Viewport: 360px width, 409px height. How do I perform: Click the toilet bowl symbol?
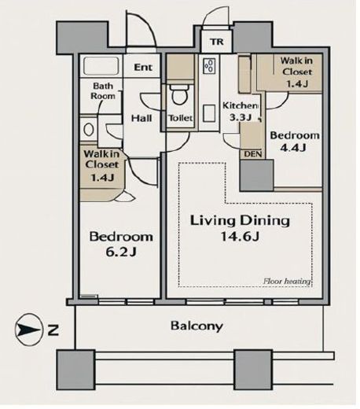pyautogui.click(x=180, y=94)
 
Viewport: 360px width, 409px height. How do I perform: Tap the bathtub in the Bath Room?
pyautogui.click(x=101, y=65)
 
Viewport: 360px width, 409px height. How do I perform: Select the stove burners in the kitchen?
pyautogui.click(x=209, y=66)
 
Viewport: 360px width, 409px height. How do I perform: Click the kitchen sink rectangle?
pyautogui.click(x=209, y=113)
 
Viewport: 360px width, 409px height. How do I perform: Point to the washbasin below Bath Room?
pyautogui.click(x=89, y=130)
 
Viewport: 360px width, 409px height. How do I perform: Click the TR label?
pyautogui.click(x=217, y=42)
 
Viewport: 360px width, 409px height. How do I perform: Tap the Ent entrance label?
pyautogui.click(x=143, y=68)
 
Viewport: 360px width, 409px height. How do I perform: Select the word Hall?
pyautogui.click(x=141, y=118)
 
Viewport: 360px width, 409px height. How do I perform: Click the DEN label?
pyautogui.click(x=252, y=154)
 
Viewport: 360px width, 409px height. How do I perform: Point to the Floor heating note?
pyautogui.click(x=287, y=282)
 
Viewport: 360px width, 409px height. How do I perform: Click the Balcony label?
pyautogui.click(x=197, y=326)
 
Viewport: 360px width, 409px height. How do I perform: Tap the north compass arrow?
pyautogui.click(x=29, y=330)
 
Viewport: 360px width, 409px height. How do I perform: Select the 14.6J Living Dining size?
pyautogui.click(x=240, y=237)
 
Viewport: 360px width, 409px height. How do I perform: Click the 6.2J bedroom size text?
pyautogui.click(x=121, y=252)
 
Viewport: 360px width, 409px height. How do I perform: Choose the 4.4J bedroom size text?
pyautogui.click(x=293, y=148)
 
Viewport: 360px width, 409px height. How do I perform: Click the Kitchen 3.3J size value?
pyautogui.click(x=241, y=117)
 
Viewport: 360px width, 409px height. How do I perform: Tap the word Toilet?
pyautogui.click(x=181, y=118)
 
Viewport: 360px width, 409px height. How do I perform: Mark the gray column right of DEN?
pyautogui.click(x=257, y=175)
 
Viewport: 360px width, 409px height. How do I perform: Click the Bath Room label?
pyautogui.click(x=103, y=90)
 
